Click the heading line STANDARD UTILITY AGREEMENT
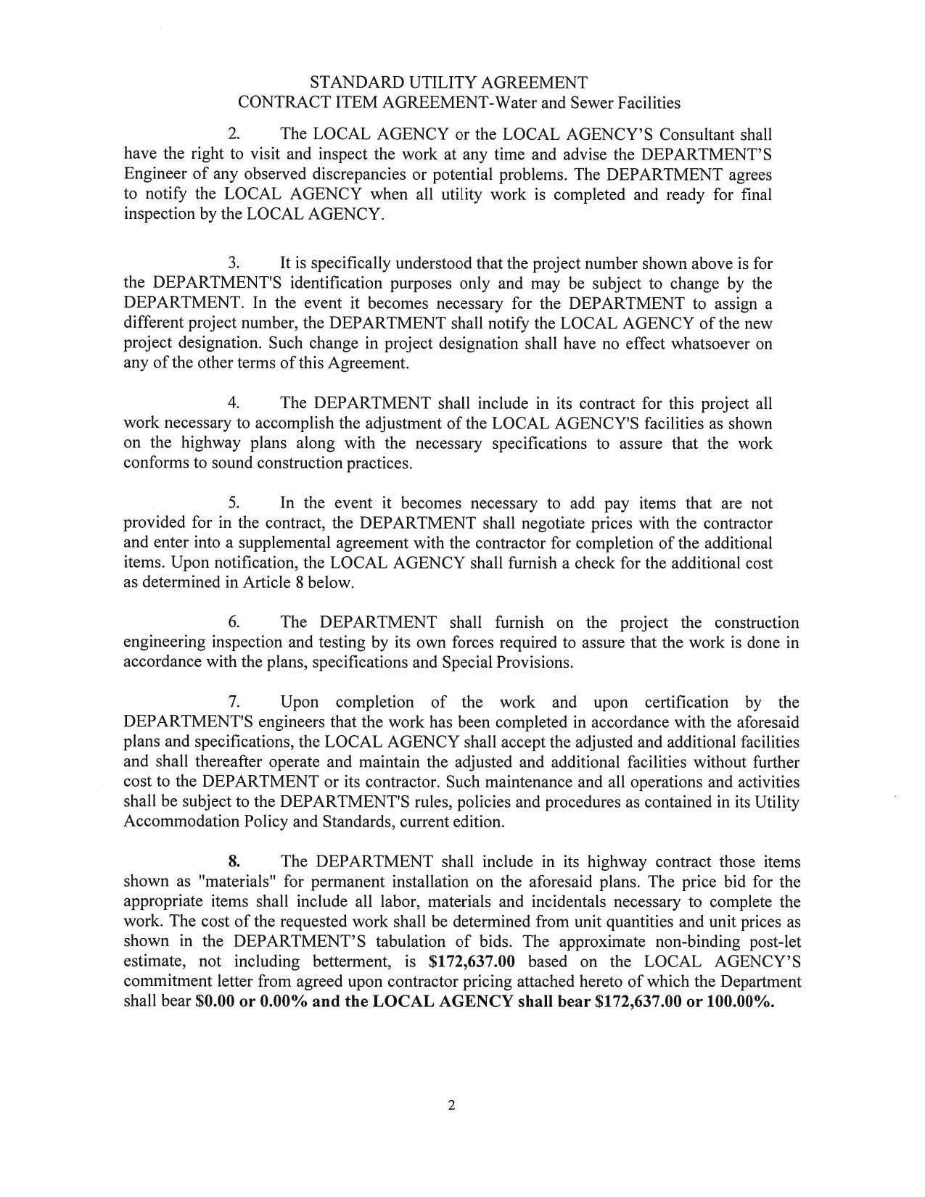(x=448, y=82)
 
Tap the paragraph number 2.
(x=234, y=135)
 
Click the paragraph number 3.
(x=234, y=263)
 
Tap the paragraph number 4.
(x=234, y=403)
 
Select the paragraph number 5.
(x=234, y=503)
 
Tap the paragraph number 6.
(x=234, y=623)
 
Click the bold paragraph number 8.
(x=234, y=862)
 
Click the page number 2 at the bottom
(x=451, y=1106)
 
